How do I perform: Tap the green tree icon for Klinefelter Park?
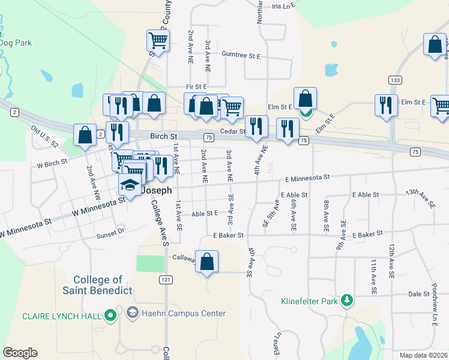coord(346,299)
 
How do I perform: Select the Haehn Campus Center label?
coord(183,313)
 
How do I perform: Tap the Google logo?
coord(20,353)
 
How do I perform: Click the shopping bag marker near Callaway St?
coord(206,262)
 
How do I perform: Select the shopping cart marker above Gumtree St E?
coord(158,41)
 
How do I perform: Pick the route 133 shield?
coord(394,80)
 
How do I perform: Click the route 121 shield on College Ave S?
coord(166,280)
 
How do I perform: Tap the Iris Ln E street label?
coord(285,7)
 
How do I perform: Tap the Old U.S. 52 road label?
coord(44,136)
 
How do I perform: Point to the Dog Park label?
coord(16,43)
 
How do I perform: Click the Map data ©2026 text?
coord(423,355)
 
